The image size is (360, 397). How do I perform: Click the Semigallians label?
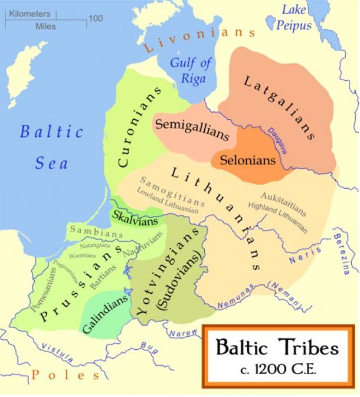pos(191,128)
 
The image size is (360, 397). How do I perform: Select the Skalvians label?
pos(135,218)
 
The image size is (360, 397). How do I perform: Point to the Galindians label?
pos(106,314)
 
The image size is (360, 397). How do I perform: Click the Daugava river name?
pos(277,141)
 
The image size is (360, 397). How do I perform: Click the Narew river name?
pos(184,334)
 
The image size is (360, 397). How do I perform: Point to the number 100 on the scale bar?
pos(96,18)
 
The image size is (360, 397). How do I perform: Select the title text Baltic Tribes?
pos(277,347)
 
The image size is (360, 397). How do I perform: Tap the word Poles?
pos(66,375)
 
